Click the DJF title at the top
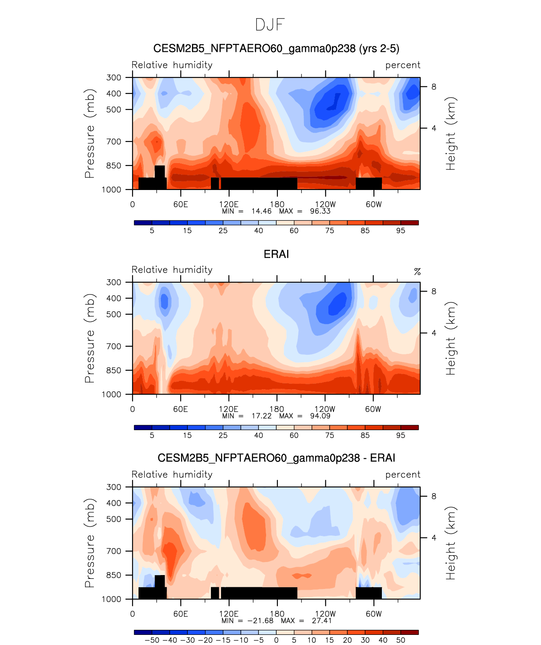[270, 25]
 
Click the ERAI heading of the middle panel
[276, 254]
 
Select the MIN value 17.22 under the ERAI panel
[261, 416]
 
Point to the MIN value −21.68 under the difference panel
[260, 621]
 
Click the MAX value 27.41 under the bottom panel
[322, 621]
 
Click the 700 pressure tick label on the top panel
[114, 142]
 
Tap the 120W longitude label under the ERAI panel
[325, 409]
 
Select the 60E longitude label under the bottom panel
[181, 614]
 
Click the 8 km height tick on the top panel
[434, 87]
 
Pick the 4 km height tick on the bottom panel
[434, 538]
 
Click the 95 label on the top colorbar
[400, 230]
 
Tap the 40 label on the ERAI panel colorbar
[259, 435]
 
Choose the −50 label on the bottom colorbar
[152, 640]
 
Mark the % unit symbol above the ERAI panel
[417, 272]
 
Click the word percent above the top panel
[403, 65]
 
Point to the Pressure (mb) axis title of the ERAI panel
[89, 338]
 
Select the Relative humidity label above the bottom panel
[172, 474]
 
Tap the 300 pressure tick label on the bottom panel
[114, 487]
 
